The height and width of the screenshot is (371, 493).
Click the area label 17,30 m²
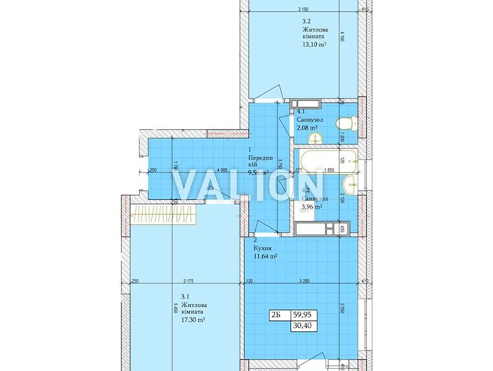193,319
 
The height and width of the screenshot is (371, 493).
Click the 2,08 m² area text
308,128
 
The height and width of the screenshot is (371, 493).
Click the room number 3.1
184,297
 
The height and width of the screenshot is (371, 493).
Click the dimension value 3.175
188,282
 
